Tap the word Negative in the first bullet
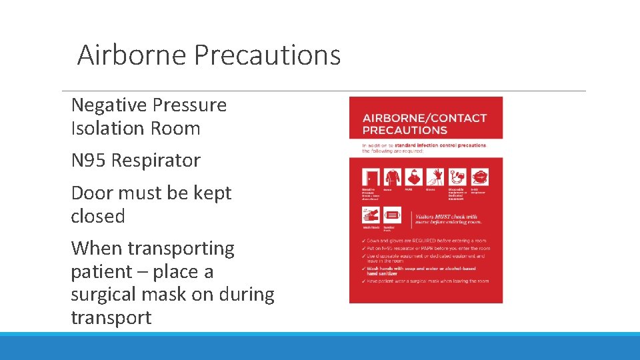pos(109,105)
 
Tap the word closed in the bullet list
pos(98,217)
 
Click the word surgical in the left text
pos(107,295)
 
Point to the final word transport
pos(111,317)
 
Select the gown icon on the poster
pos(391,177)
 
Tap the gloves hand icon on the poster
pos(435,177)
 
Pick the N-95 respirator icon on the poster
pos(479,177)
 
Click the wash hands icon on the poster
pos(370,215)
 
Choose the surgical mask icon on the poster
pos(392,215)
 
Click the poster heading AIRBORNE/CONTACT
pos(425,118)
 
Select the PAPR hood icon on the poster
pos(413,177)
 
